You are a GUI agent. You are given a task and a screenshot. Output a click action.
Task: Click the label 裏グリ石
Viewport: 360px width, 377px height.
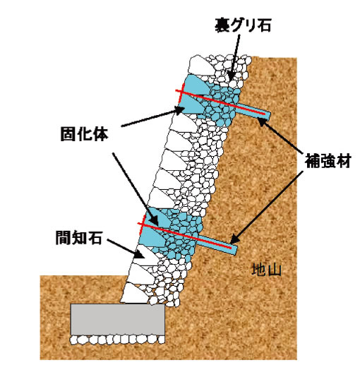[x=243, y=25]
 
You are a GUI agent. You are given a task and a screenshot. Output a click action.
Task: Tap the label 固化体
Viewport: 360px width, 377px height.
[x=84, y=134]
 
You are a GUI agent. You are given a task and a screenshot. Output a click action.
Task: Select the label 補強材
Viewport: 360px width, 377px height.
[x=328, y=160]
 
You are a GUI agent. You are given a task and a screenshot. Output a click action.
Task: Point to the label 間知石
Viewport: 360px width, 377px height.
[x=79, y=238]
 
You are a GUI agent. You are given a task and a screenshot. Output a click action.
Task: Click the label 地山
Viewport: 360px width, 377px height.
[x=267, y=270]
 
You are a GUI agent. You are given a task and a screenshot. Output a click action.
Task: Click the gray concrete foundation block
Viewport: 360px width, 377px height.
[x=117, y=320]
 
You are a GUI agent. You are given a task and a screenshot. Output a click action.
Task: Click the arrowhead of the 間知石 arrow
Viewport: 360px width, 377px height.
[x=140, y=254]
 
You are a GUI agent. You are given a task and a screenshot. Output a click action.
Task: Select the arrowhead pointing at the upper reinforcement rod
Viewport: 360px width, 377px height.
[x=263, y=121]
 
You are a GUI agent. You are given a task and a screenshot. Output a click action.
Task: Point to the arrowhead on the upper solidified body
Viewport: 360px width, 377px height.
[x=179, y=111]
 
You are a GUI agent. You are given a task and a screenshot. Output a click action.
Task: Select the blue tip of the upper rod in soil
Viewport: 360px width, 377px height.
[x=268, y=116]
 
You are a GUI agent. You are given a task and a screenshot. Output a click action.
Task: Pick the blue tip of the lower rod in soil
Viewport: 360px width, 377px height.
[x=234, y=249]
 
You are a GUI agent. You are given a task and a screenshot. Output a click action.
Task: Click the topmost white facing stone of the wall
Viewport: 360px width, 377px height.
[x=199, y=66]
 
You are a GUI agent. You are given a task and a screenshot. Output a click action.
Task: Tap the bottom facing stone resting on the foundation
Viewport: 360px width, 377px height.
[x=133, y=293]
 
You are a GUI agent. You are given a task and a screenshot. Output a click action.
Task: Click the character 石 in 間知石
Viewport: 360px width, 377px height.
[x=95, y=238]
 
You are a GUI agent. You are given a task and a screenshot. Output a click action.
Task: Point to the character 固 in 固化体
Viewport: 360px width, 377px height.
[x=68, y=134]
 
